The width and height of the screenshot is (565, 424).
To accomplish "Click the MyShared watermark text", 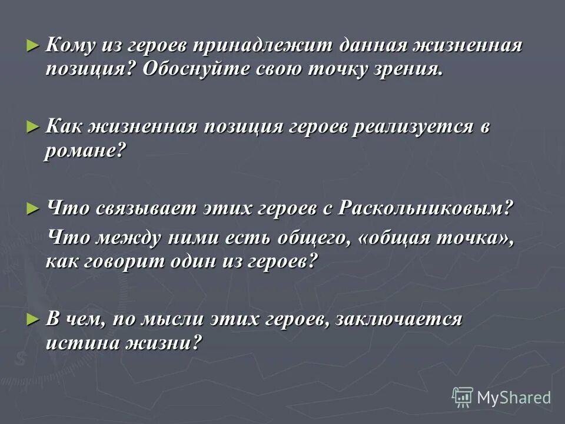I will (x=514, y=397).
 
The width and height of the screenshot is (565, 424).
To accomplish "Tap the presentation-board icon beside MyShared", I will (x=463, y=397).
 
